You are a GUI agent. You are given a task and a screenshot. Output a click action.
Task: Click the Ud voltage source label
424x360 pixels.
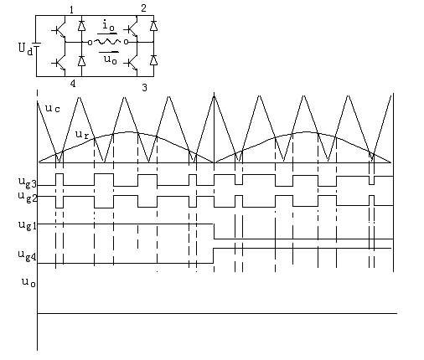click(25, 49)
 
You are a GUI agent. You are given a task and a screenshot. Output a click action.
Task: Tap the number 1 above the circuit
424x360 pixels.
click(71, 10)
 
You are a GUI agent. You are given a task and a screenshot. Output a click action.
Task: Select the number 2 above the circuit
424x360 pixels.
click(143, 8)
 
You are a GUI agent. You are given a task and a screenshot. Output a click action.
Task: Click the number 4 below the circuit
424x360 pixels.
click(73, 83)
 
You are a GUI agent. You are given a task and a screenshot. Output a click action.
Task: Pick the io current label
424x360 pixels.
click(108, 26)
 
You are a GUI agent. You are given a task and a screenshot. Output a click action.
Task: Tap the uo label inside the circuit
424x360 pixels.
click(110, 59)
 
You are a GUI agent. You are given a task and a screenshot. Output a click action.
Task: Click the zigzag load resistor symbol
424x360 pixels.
click(107, 42)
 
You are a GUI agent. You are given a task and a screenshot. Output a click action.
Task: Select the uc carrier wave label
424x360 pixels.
click(53, 108)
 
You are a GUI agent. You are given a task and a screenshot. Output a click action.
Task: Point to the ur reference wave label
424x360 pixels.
click(82, 135)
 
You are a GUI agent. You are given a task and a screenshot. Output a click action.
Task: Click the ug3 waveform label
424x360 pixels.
click(28, 183)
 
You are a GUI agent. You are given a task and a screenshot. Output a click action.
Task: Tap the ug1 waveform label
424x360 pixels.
click(28, 225)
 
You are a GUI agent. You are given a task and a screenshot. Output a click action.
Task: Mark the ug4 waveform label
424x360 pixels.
click(28, 255)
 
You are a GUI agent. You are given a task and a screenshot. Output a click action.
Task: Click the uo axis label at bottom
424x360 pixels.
click(28, 282)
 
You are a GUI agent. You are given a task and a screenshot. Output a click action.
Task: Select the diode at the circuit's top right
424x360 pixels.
click(153, 25)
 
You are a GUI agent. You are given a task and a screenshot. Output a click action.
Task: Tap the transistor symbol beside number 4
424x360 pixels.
click(59, 64)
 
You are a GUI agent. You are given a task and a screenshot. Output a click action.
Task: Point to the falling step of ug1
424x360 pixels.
click(215, 231)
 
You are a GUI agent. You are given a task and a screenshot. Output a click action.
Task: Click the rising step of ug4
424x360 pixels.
click(214, 255)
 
